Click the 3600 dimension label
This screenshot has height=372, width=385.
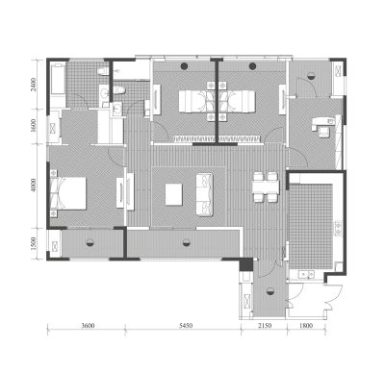[x=88, y=326]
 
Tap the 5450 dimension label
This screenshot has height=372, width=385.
[x=186, y=326]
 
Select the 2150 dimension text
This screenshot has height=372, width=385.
[x=264, y=326]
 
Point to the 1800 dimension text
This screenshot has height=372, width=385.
[x=305, y=326]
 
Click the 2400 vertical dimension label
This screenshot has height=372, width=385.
[x=34, y=85]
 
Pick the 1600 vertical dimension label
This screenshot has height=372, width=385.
[x=34, y=126]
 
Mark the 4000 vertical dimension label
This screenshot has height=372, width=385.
[x=34, y=186]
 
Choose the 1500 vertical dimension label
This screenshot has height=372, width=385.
[x=34, y=244]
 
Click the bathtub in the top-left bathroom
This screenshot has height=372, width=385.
[x=58, y=79]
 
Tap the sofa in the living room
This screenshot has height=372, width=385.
[x=205, y=194]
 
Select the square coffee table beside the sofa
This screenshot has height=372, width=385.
[x=174, y=194]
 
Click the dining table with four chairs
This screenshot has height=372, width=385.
[x=266, y=187]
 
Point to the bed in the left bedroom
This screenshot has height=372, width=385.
[x=68, y=193]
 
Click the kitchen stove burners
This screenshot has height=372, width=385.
[x=338, y=228]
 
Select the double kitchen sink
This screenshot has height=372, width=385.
[x=306, y=274]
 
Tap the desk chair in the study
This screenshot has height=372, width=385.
[x=324, y=132]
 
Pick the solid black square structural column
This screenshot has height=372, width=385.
[x=246, y=265]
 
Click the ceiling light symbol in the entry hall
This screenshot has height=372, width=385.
[x=270, y=291]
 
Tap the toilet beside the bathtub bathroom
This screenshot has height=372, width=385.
[x=103, y=71]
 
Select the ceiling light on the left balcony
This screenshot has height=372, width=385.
[x=90, y=242]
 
